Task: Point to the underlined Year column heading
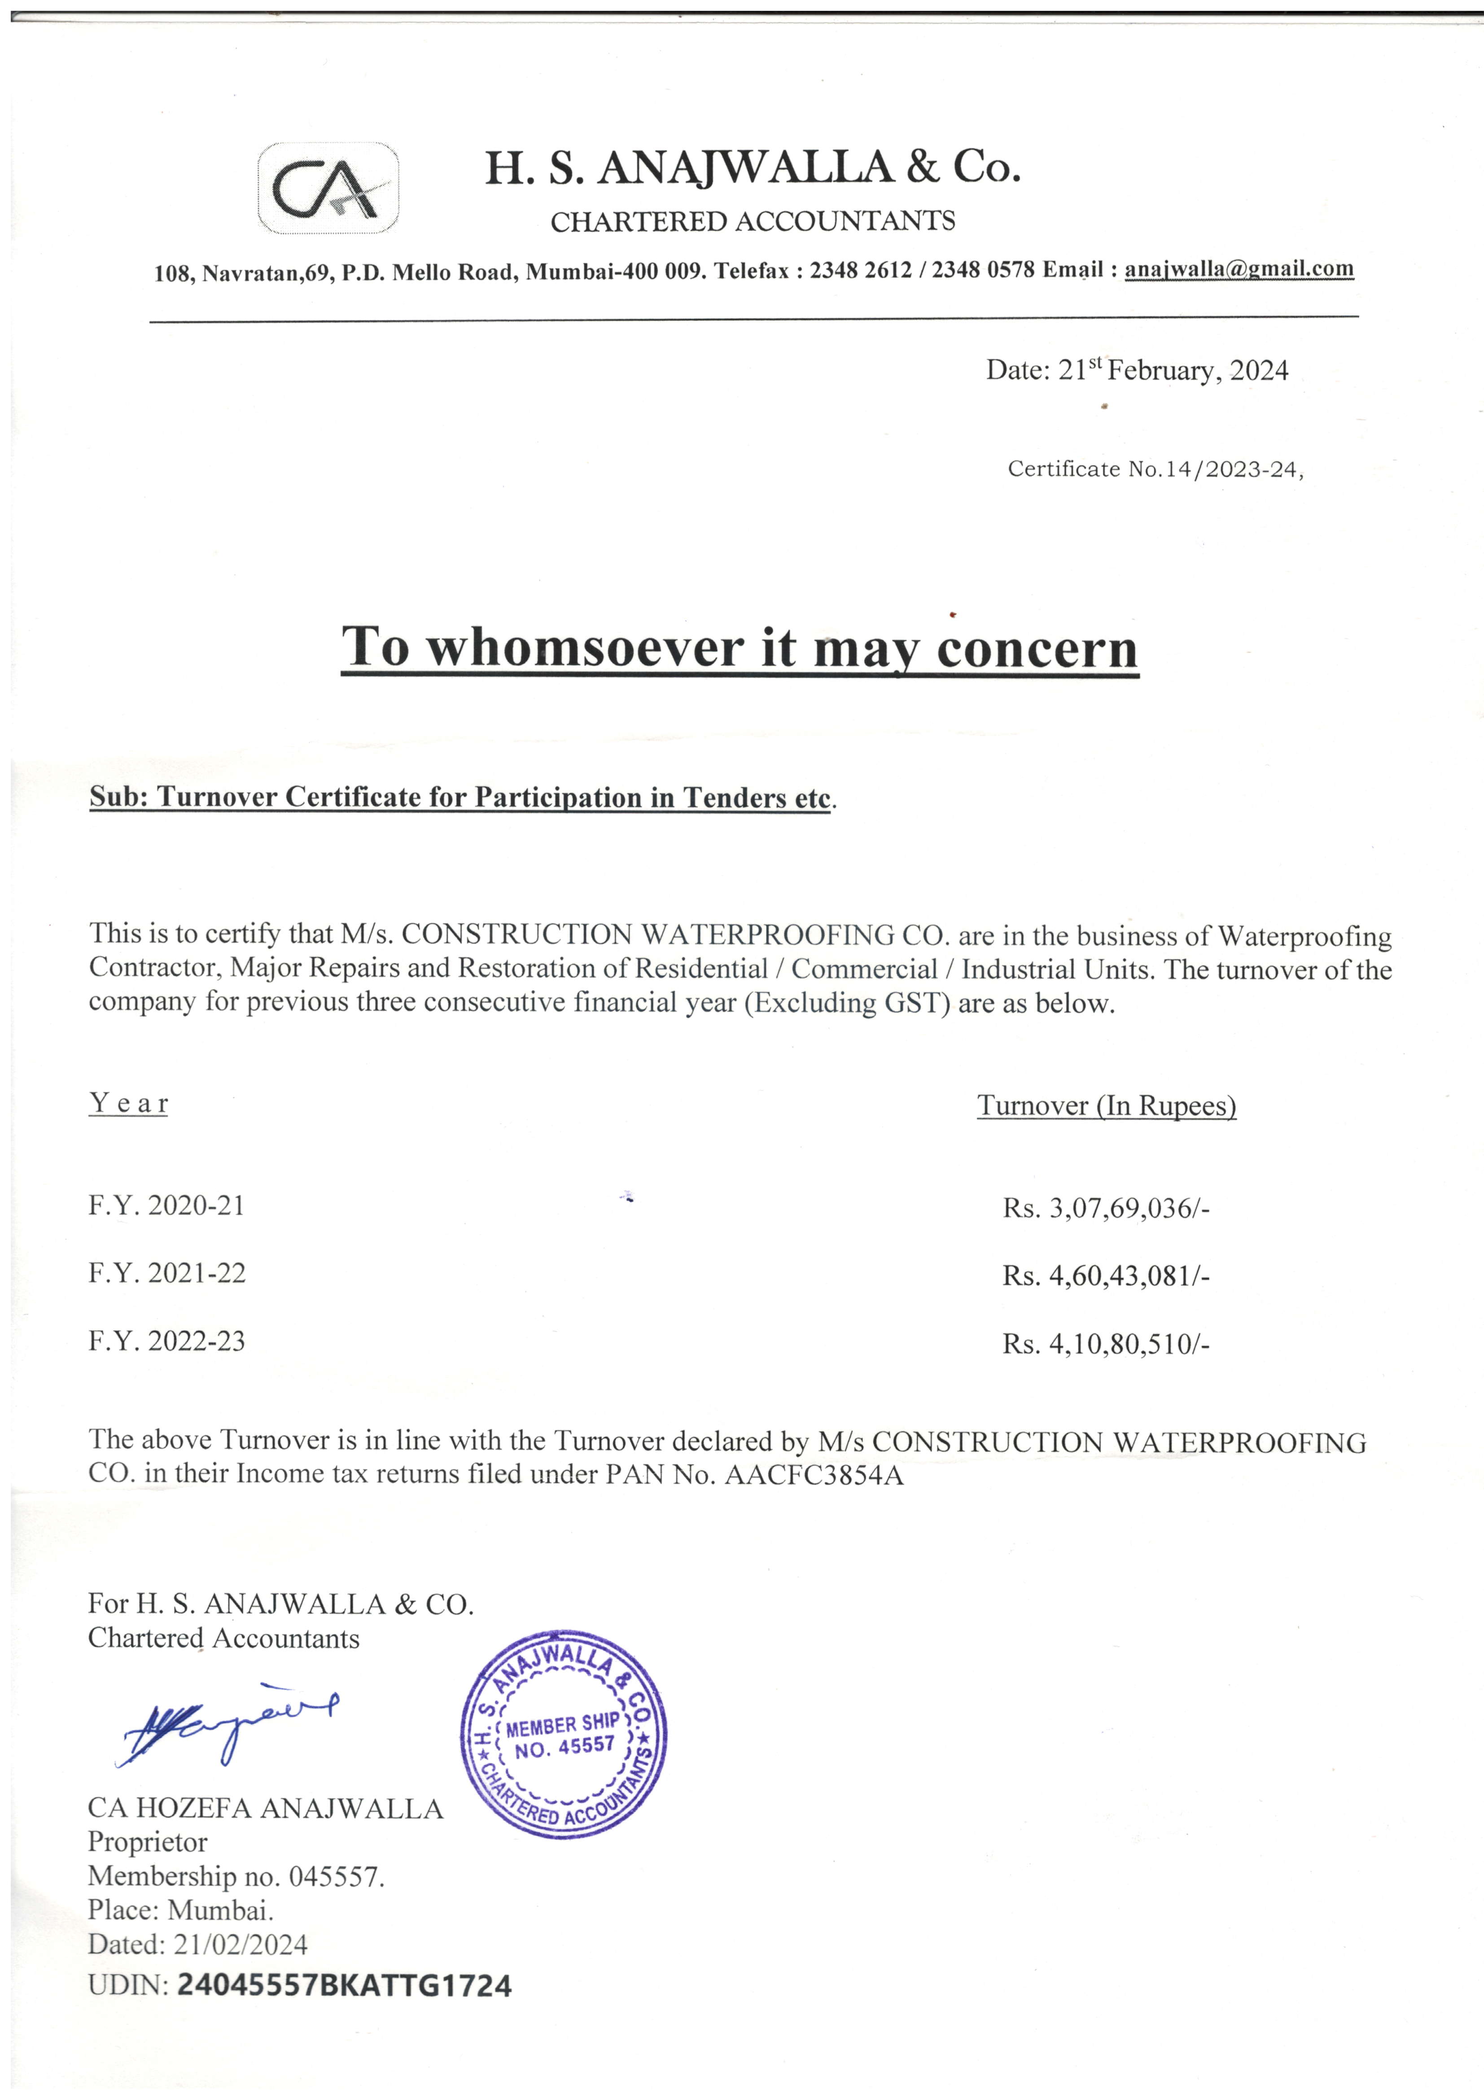[128, 1104]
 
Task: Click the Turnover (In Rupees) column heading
[1106, 1106]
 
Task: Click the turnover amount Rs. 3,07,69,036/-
[1105, 1209]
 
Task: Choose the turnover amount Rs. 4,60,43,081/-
[1105, 1276]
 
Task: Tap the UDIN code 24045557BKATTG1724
[344, 1985]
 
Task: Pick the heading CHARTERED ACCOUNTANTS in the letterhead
[753, 221]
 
